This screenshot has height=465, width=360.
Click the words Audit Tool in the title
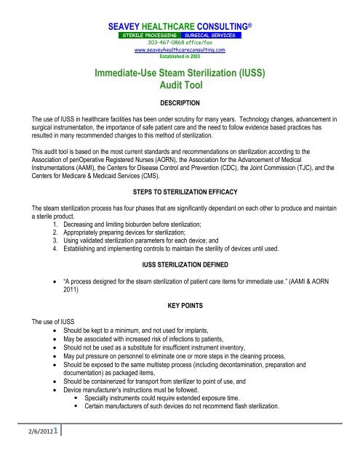(180, 84)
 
